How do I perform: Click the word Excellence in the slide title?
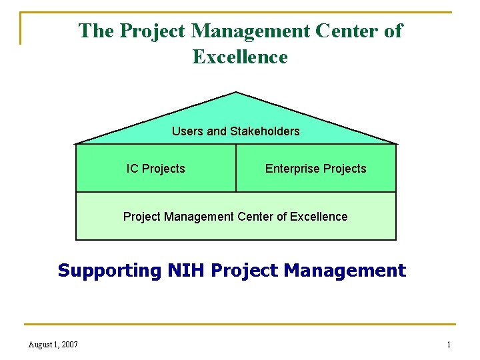pyautogui.click(x=240, y=57)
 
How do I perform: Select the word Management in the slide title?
pyautogui.click(x=251, y=31)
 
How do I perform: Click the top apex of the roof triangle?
pyautogui.click(x=236, y=92)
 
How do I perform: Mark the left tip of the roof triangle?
pyautogui.click(x=75, y=143)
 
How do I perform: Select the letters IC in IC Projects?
pyautogui.click(x=132, y=169)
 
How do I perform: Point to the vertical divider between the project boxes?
pyautogui.click(x=236, y=168)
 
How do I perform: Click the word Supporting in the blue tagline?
pyautogui.click(x=109, y=271)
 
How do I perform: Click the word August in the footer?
pyautogui.click(x=43, y=345)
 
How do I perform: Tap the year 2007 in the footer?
pyautogui.click(x=69, y=345)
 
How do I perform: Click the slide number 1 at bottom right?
pyautogui.click(x=449, y=345)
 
